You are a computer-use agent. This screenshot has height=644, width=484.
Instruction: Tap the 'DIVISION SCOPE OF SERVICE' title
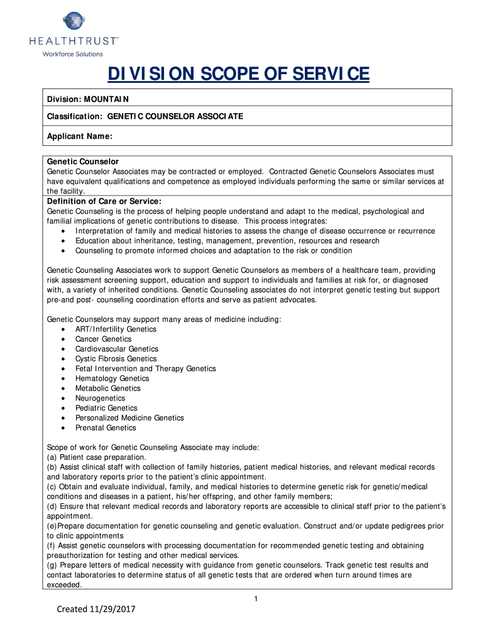click(x=238, y=75)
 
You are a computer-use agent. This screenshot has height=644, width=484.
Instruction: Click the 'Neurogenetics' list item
click(x=100, y=398)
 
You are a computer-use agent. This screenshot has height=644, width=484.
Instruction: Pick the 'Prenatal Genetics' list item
click(x=106, y=428)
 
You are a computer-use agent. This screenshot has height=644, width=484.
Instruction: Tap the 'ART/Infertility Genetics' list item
click(x=116, y=329)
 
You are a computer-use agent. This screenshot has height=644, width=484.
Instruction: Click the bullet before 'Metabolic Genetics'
click(x=65, y=389)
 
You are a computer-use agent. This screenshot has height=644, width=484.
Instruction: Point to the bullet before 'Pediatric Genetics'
click(x=65, y=408)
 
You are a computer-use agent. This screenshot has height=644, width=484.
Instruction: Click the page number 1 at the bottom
click(x=256, y=598)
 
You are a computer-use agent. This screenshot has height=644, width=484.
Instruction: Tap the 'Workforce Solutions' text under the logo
click(x=72, y=54)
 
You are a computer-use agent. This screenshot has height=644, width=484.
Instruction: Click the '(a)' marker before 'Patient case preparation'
click(x=52, y=457)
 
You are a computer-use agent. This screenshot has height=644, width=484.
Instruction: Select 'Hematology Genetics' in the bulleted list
click(x=112, y=379)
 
